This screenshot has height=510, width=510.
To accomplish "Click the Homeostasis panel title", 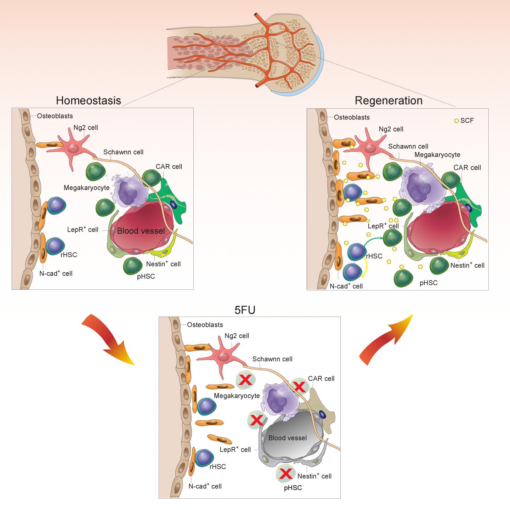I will click(88, 100).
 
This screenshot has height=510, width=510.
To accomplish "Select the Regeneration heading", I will click(389, 101).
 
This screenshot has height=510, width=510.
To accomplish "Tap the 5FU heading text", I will click(245, 310).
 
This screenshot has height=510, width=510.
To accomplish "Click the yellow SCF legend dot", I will click(457, 121).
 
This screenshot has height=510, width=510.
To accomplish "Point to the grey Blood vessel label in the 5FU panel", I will click(287, 438).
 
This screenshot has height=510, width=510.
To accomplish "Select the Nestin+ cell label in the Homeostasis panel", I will click(163, 264).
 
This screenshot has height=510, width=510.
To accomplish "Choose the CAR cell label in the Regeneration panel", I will click(467, 168).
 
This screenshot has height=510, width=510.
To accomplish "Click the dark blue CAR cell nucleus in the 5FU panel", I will click(322, 414).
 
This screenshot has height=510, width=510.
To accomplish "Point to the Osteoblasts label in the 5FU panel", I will click(205, 324).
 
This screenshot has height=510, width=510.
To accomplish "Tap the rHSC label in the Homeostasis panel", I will click(69, 255).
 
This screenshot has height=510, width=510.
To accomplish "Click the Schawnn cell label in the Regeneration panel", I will click(408, 146).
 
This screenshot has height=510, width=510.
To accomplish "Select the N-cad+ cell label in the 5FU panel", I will click(205, 486).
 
